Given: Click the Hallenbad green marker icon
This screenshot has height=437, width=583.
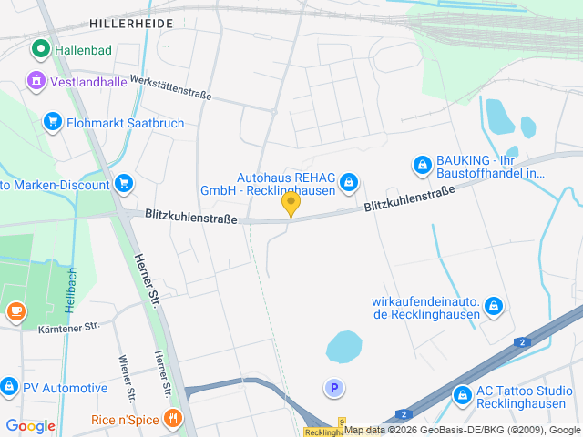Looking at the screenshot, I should tap(40, 49).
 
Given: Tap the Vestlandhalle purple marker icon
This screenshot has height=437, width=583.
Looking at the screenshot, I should tap(36, 79).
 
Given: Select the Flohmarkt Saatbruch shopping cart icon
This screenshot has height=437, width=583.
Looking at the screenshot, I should tap(53, 122).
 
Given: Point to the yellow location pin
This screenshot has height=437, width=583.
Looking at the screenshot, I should tap(291, 204).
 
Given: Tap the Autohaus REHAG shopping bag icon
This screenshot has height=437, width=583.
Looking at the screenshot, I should tap(348, 184).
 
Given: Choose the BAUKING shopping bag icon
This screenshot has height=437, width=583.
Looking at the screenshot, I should tap(422, 165).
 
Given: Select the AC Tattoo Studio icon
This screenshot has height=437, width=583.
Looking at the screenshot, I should tap(463, 395).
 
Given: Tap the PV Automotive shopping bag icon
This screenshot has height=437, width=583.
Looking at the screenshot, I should tap(9, 388).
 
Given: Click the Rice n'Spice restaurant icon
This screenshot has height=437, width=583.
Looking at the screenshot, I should tap(173, 419).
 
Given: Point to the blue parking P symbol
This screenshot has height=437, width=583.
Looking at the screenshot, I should tap(334, 389).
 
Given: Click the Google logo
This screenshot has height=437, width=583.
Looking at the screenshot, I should tap(31, 425).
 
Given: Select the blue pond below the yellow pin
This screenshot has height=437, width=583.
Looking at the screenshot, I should tap(344, 346).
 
